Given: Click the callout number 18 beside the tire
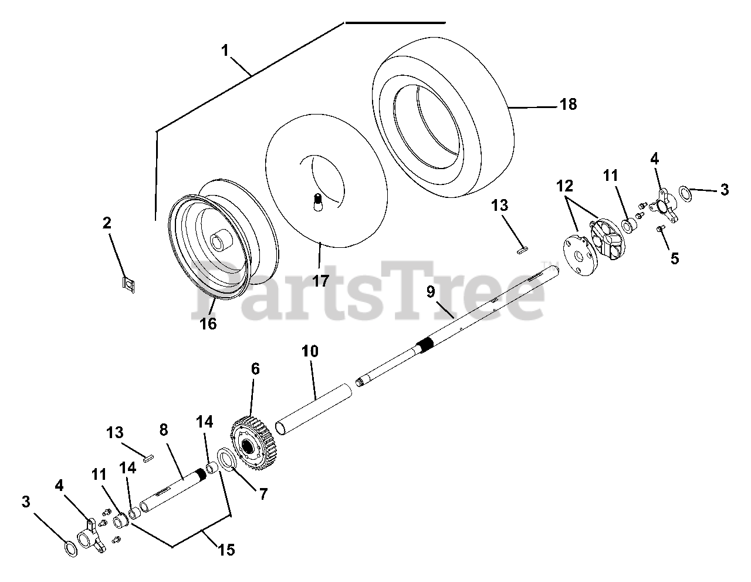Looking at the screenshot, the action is coord(568,105).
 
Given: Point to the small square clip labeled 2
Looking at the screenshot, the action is coord(127,284).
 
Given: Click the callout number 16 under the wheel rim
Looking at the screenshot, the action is coord(208,323).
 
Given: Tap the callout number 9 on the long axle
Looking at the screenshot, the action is coord(432,292).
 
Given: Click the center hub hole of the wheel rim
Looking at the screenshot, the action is coord(219,241).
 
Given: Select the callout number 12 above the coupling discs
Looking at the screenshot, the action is coord(564,187).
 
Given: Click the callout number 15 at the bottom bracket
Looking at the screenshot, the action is coord(226,550).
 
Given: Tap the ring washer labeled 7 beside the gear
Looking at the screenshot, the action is coord(227,460).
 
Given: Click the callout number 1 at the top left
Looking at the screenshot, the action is coord(225,51).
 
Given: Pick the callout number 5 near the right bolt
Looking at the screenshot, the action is coord(674,257).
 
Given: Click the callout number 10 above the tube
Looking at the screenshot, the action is coord(310,352).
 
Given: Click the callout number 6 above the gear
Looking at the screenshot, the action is coord(255,369).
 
